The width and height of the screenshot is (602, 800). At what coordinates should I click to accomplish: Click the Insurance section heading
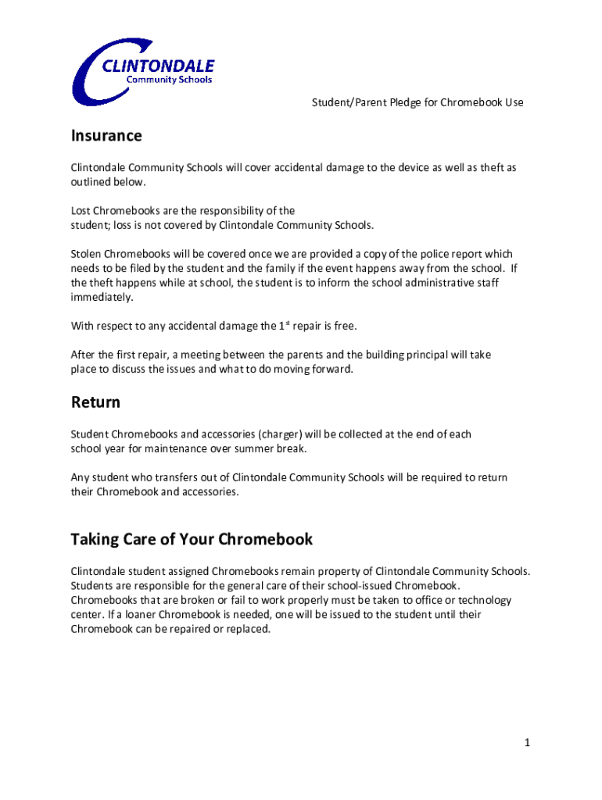point(106,136)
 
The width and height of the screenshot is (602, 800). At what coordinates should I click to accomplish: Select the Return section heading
point(95,402)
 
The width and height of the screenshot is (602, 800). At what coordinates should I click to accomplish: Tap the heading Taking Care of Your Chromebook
point(192,539)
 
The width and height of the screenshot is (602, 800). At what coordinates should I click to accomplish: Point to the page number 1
point(529,743)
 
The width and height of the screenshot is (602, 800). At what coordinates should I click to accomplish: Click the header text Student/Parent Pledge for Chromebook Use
point(417,102)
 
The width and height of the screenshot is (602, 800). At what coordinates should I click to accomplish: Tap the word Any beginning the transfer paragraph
point(80,477)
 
